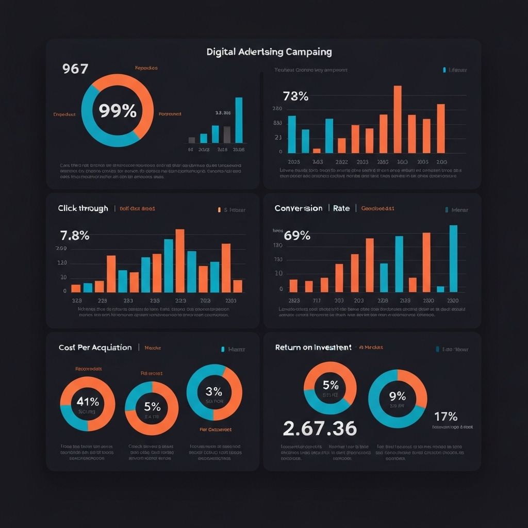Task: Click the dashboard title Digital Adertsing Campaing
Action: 269,52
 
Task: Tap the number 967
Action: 75,69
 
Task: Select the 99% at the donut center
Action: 118,110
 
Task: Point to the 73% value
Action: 295,96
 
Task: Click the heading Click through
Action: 83,208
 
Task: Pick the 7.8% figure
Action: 75,236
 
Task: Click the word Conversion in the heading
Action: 299,208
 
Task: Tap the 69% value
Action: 297,236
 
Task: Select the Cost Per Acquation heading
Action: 95,348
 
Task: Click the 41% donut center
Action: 88,402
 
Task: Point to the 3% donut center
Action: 213,391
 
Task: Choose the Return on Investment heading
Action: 313,348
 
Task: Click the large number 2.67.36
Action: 320,427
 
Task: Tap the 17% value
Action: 446,416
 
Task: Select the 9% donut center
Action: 398,396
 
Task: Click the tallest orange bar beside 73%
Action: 398,119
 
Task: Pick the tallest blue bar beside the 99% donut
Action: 239,120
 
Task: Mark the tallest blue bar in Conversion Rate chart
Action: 453,258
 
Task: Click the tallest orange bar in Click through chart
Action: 180,260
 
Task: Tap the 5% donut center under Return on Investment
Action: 330,385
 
